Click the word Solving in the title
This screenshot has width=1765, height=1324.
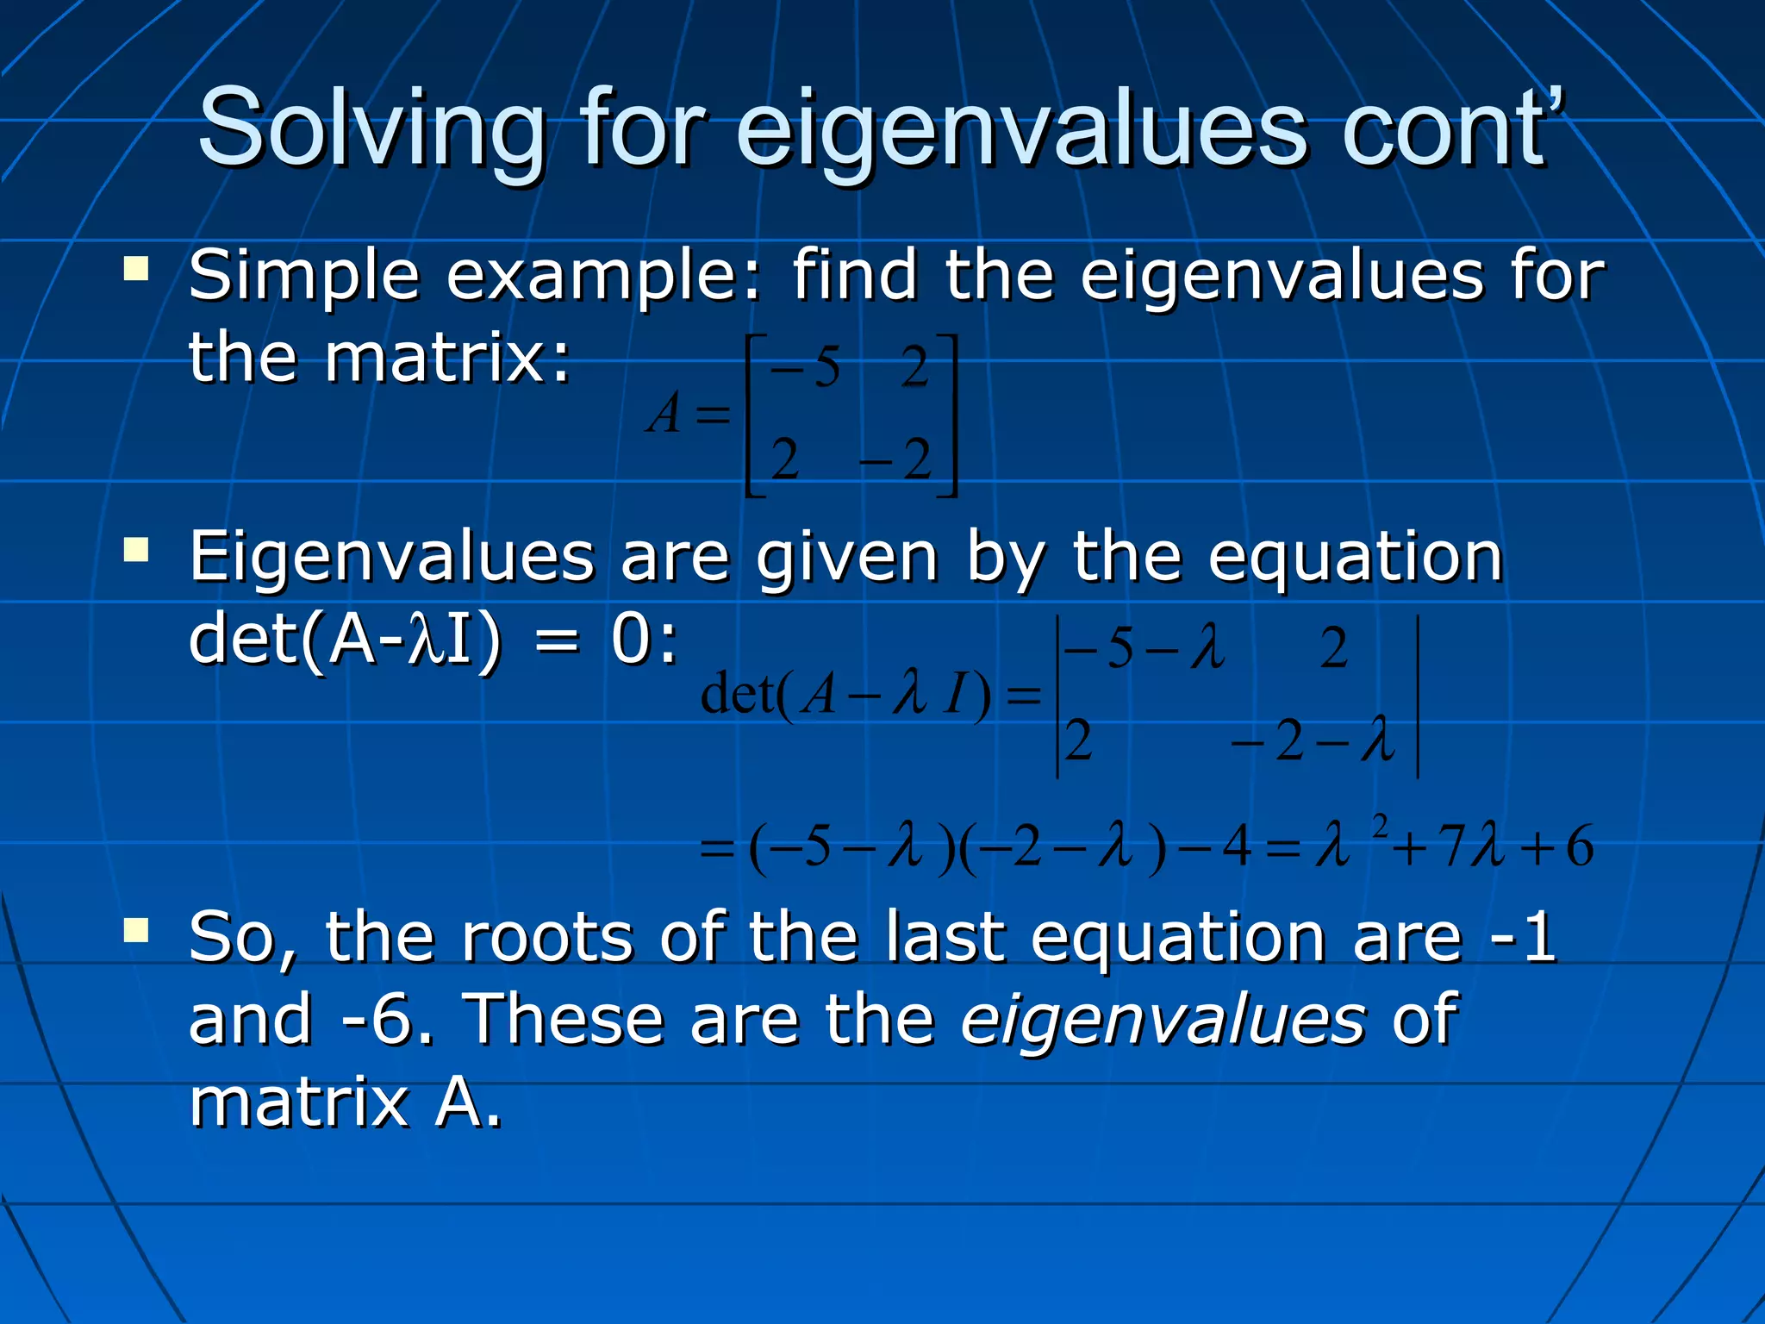point(371,129)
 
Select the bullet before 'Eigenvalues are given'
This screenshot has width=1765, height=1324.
point(136,550)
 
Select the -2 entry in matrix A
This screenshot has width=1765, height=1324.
point(896,460)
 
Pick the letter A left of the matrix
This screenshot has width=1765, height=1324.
point(665,414)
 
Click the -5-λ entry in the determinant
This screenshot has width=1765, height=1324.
point(1144,648)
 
